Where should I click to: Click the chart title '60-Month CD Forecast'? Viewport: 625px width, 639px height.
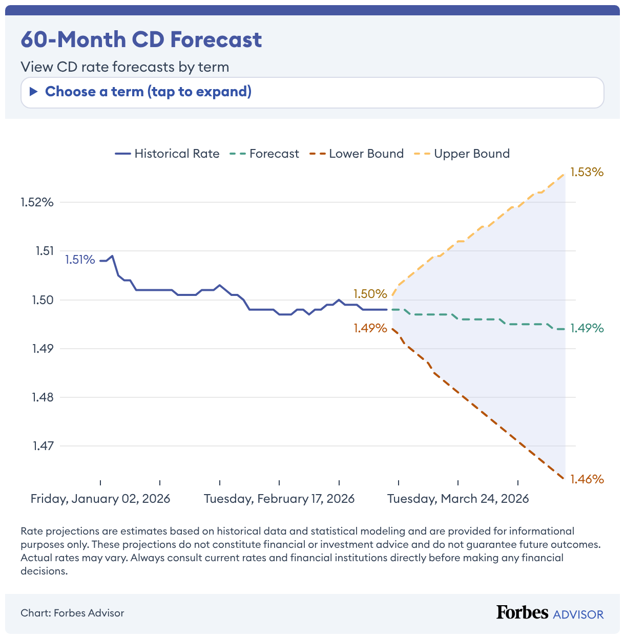141,39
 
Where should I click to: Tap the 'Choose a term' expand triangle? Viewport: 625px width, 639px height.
34,92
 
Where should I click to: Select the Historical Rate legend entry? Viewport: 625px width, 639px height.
168,154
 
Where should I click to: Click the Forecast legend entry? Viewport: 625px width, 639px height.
265,154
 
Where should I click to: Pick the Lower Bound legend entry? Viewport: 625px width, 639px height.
357,154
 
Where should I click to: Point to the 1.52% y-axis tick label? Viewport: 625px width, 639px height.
37,202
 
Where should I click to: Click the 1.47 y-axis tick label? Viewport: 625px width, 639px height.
43,446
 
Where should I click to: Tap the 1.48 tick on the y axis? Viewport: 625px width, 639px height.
43,397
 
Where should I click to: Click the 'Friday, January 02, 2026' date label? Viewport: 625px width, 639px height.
100,499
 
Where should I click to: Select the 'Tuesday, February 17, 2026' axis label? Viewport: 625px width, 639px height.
279,499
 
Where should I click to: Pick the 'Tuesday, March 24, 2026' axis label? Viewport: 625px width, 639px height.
458,499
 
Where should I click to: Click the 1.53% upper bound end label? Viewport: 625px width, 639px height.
587,172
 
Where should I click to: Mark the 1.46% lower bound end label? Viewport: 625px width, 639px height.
587,479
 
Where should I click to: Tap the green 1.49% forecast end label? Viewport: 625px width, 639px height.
587,328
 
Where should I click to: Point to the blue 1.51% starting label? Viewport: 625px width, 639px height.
80,260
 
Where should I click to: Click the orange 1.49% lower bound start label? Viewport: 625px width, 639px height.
370,328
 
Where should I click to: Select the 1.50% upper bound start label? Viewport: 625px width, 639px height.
370,294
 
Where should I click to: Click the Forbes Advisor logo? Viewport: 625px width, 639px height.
550,612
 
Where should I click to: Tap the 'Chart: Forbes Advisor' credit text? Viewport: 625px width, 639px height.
72,613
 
